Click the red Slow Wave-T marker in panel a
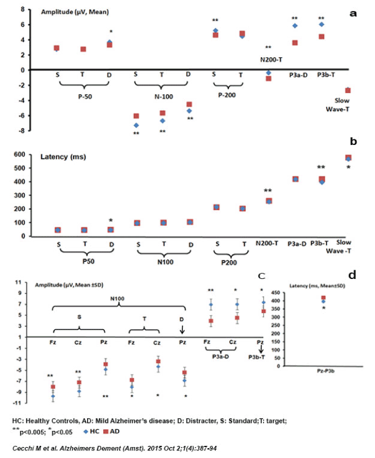coord(348,90)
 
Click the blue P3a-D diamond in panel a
coord(295,25)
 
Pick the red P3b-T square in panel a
coord(322,36)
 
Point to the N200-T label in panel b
coord(269,243)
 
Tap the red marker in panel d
coord(324,298)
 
